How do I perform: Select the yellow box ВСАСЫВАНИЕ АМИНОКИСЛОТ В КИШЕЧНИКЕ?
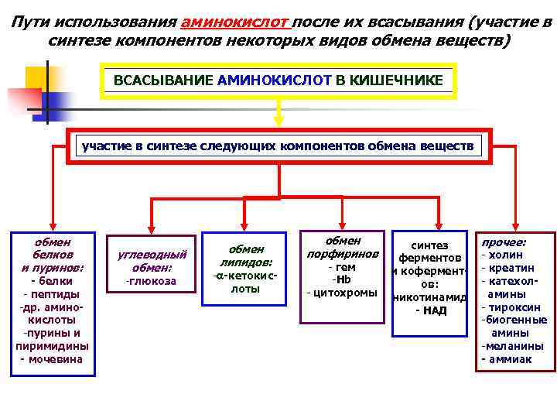click(279, 81)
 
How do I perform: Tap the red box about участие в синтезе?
click(278, 146)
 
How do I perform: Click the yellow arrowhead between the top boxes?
click(279, 119)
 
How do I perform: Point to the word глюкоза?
click(151, 281)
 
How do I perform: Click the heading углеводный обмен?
click(151, 261)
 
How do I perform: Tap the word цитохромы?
click(341, 293)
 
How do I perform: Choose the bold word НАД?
click(431, 310)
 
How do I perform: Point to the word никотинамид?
click(430, 297)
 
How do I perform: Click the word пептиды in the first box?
click(51, 294)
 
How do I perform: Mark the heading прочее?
click(504, 241)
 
